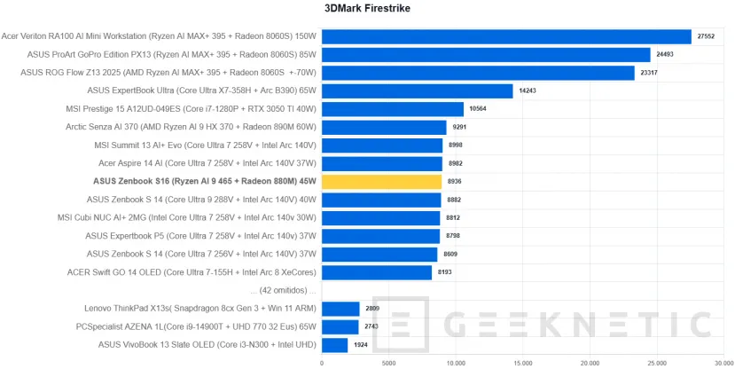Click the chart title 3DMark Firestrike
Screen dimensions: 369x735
(x=367, y=9)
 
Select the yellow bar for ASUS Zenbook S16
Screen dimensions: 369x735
(x=381, y=182)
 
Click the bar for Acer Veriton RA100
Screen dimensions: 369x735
(x=505, y=36)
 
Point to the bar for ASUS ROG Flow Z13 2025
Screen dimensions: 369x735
(x=478, y=73)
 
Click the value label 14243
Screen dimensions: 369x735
(x=528, y=90)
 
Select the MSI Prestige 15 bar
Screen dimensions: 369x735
(x=392, y=109)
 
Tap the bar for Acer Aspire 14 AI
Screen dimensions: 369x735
(x=381, y=163)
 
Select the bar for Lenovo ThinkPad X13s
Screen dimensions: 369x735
(x=340, y=309)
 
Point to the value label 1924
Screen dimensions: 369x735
(x=362, y=345)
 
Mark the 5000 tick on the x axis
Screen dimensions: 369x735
(x=388, y=362)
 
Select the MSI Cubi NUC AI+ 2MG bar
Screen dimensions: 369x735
(x=380, y=218)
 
